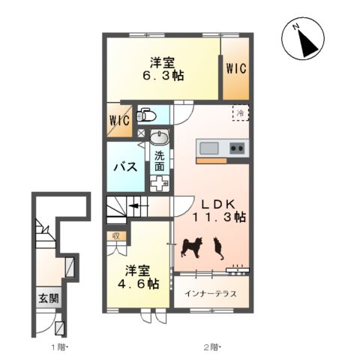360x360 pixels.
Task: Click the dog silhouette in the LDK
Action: (192, 248)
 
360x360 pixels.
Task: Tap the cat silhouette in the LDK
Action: (218, 248)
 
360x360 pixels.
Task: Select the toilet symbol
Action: (147, 115)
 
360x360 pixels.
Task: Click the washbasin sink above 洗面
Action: (160, 138)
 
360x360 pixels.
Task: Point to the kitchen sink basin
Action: (209, 148)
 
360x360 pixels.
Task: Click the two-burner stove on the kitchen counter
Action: (238, 148)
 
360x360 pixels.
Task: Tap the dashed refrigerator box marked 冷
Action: (241, 113)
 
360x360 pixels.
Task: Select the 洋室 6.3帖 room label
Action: (163, 69)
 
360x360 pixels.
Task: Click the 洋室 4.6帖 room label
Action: (139, 277)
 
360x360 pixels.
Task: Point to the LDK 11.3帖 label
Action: (219, 211)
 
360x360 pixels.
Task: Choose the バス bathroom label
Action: (126, 167)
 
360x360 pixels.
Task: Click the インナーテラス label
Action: (211, 293)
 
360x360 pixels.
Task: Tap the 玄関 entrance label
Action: (49, 298)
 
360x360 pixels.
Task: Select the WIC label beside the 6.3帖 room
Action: (236, 68)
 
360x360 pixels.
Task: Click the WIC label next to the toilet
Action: (120, 120)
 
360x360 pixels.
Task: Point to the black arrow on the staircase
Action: (139, 206)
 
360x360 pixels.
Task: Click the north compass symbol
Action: (303, 39)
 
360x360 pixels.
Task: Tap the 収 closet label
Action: (116, 236)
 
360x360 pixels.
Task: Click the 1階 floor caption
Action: (60, 347)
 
